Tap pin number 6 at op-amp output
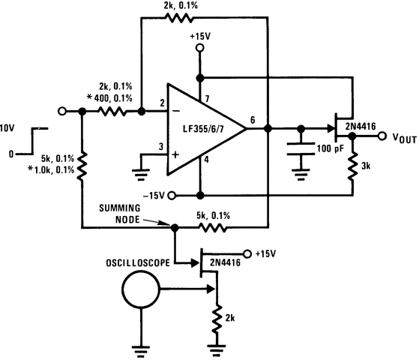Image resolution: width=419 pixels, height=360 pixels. pyautogui.click(x=253, y=120)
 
